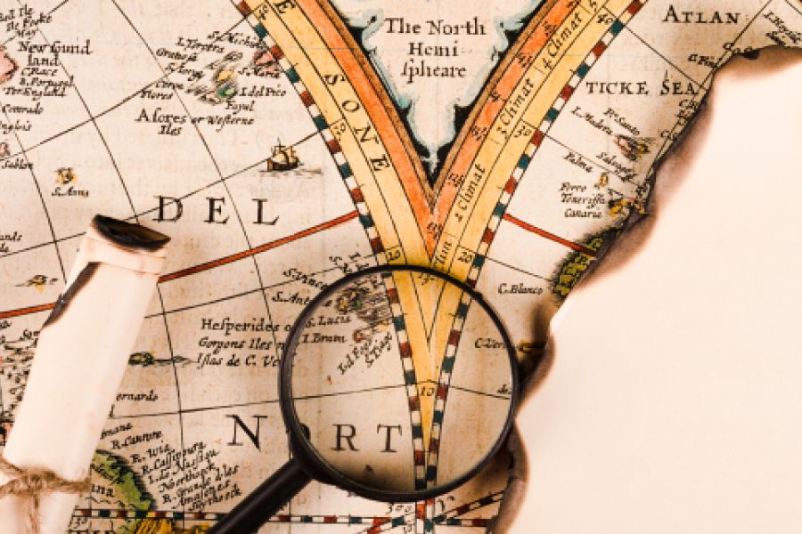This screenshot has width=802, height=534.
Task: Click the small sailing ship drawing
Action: (282, 158)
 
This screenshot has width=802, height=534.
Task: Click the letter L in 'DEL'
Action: (264, 212)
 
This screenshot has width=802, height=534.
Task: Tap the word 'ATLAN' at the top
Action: (701, 15)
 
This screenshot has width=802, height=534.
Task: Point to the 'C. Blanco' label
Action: (520, 288)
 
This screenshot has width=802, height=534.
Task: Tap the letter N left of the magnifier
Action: (243, 432)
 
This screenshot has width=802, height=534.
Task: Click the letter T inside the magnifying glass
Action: (389, 438)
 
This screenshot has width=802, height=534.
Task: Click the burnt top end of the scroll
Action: (131, 235)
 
